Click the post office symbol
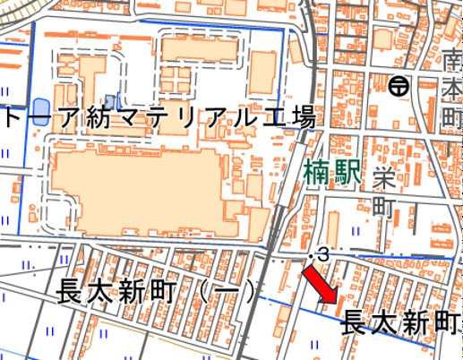pos(399,87)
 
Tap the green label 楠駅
pos(332,171)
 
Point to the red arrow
pos(320,287)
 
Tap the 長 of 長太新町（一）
pos(71,292)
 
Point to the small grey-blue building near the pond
pos(110,99)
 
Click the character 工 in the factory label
pos(271,118)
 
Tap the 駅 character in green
pos(347,171)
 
